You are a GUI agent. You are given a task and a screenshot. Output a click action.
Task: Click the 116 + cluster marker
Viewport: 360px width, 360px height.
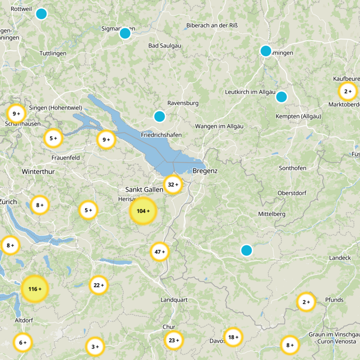[x=34, y=289]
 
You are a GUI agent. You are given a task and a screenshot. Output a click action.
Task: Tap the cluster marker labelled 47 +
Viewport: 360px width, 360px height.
[x=160, y=252]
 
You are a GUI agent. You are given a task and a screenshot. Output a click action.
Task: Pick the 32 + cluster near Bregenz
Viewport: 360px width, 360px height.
[x=173, y=184]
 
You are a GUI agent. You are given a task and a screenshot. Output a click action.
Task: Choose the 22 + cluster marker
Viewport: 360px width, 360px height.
[x=99, y=285]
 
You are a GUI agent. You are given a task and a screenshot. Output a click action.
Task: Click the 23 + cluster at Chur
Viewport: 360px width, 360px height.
[x=174, y=341]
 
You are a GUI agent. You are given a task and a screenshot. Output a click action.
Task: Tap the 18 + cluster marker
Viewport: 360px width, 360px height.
[x=233, y=337]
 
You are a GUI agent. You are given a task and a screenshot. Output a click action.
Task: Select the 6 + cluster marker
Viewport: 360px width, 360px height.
[x=22, y=343]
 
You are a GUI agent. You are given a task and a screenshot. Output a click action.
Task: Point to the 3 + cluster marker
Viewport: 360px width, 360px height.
[x=95, y=346]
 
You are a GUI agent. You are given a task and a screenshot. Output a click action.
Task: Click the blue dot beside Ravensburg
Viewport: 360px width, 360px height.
[x=159, y=116]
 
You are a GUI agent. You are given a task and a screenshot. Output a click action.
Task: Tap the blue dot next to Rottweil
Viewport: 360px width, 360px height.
[x=41, y=14]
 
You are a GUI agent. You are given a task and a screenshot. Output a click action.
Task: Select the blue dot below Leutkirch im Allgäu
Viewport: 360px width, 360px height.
[x=281, y=97]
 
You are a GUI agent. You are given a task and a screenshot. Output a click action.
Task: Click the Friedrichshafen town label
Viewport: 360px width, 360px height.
[x=161, y=135]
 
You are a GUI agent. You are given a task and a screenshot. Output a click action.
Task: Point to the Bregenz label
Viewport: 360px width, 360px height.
[x=205, y=171]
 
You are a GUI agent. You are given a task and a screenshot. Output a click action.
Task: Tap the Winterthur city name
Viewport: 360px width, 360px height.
[x=38, y=171]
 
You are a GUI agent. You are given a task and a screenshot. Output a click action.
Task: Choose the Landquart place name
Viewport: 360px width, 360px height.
[x=174, y=300]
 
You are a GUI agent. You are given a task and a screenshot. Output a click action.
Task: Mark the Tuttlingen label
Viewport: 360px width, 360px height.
[x=53, y=54]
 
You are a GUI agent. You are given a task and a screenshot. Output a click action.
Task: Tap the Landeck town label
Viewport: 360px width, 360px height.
[x=340, y=258]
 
